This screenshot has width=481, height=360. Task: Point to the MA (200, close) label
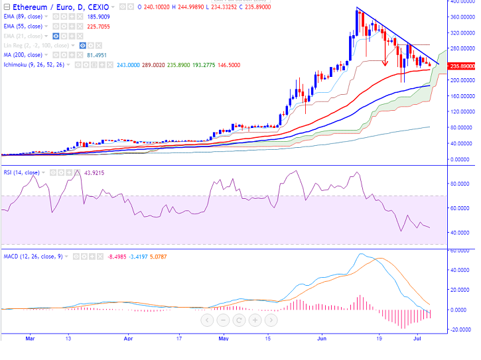(x=23, y=54)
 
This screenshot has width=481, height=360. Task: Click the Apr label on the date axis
(x=127, y=337)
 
